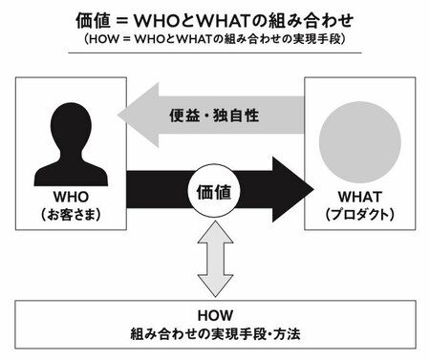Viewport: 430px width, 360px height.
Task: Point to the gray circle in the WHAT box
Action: pyautogui.click(x=358, y=137)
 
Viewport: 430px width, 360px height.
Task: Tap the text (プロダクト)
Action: pyautogui.click(x=358, y=216)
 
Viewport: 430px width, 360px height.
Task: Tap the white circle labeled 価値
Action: pyautogui.click(x=215, y=190)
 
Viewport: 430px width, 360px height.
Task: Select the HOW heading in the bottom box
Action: pyautogui.click(x=215, y=314)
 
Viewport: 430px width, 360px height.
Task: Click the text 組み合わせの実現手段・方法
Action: pyautogui.click(x=215, y=335)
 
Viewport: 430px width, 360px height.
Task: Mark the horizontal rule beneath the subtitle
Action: pyautogui.click(x=215, y=53)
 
